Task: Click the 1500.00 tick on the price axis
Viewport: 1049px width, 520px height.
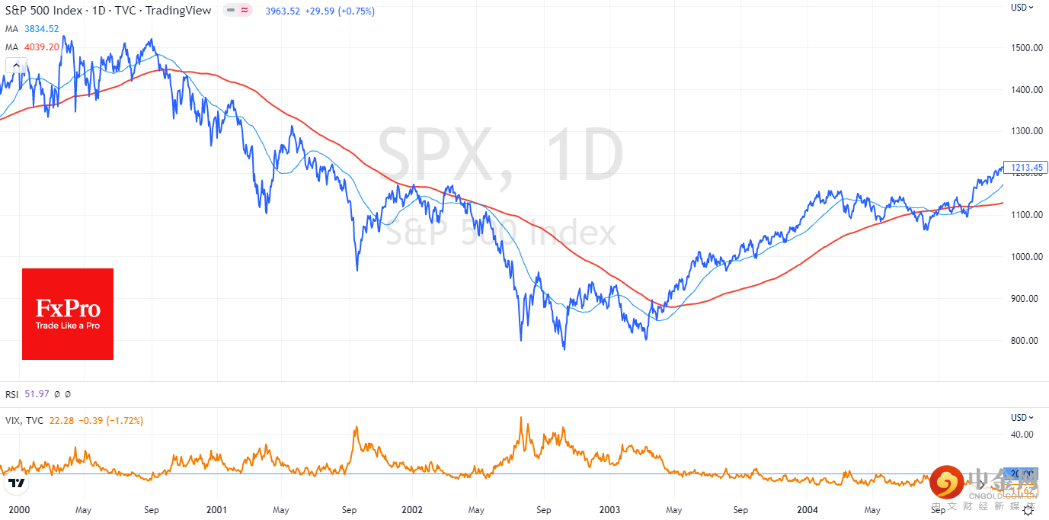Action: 1026,47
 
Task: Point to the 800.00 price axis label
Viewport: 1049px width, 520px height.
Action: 1026,340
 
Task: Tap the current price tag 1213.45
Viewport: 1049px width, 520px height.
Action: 1026,168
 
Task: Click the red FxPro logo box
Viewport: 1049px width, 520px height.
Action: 68,313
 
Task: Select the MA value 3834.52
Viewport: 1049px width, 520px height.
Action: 42,29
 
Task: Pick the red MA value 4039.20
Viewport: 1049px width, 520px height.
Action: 42,47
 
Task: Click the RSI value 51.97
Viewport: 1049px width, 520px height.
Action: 37,394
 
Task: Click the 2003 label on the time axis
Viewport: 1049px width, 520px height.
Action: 609,509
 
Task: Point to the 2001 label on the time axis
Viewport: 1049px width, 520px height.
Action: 216,509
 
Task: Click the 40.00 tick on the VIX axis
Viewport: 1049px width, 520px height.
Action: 1022,435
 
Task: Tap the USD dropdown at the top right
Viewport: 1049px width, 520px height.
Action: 1022,7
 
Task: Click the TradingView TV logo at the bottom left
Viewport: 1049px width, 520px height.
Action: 16,483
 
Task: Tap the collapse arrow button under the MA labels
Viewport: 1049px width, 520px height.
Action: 16,65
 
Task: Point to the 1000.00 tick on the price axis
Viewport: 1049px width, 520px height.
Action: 1026,256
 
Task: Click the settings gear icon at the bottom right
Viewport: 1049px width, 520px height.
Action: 1028,512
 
